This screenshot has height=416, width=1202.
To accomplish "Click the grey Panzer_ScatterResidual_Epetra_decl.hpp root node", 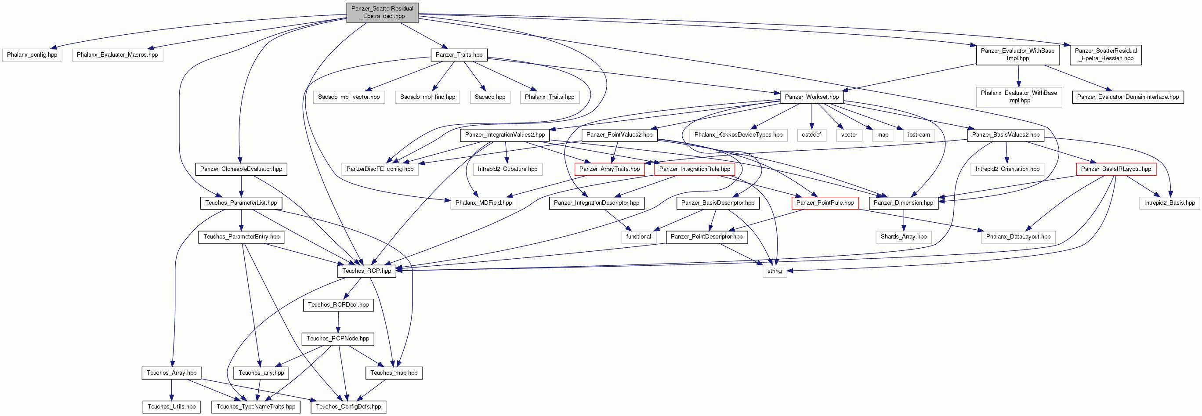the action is click(382, 12).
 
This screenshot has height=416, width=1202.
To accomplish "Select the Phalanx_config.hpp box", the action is click(32, 55).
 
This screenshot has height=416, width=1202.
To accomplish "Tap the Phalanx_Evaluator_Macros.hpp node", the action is click(117, 55).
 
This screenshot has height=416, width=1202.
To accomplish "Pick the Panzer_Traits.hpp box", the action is click(459, 55).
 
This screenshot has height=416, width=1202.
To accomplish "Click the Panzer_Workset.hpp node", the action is click(812, 97).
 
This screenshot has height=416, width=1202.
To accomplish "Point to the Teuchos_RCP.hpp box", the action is click(367, 271).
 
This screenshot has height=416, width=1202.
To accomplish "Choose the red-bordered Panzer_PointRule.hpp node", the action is click(825, 203).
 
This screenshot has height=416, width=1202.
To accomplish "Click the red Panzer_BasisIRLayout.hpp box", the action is click(1116, 169).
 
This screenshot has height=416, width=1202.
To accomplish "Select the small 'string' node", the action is click(775, 271).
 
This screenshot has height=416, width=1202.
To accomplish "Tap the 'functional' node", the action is click(639, 237).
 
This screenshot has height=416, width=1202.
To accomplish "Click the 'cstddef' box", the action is click(811, 135).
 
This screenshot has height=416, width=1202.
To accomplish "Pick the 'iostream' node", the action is click(919, 135).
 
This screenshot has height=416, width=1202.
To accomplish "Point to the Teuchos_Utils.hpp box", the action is click(172, 407).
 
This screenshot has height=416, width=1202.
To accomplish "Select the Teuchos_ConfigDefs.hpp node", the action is click(348, 407).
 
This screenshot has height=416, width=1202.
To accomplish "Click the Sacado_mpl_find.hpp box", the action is click(428, 97).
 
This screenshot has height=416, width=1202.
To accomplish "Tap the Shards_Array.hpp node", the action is click(904, 237).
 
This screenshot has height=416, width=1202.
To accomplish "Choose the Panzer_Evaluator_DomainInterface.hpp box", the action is click(1128, 97).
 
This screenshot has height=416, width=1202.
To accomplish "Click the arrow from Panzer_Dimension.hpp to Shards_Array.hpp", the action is click(904, 220).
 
